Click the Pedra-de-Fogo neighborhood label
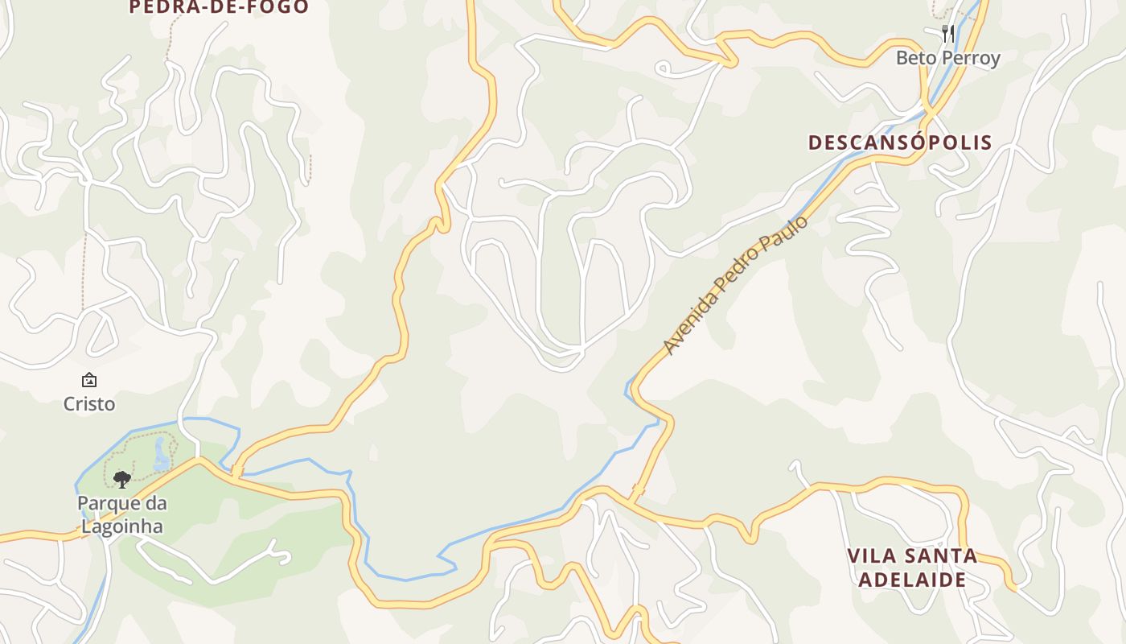click(219, 7)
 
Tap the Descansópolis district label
click(900, 142)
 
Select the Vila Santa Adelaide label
click(912, 568)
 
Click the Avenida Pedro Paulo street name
click(735, 284)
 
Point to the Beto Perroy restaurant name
click(947, 58)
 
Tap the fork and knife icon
click(948, 33)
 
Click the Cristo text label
click(89, 403)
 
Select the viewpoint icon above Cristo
click(89, 380)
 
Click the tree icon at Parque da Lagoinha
click(121, 480)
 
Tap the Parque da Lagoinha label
click(121, 515)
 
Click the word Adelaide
click(912, 580)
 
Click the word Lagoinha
click(121, 527)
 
